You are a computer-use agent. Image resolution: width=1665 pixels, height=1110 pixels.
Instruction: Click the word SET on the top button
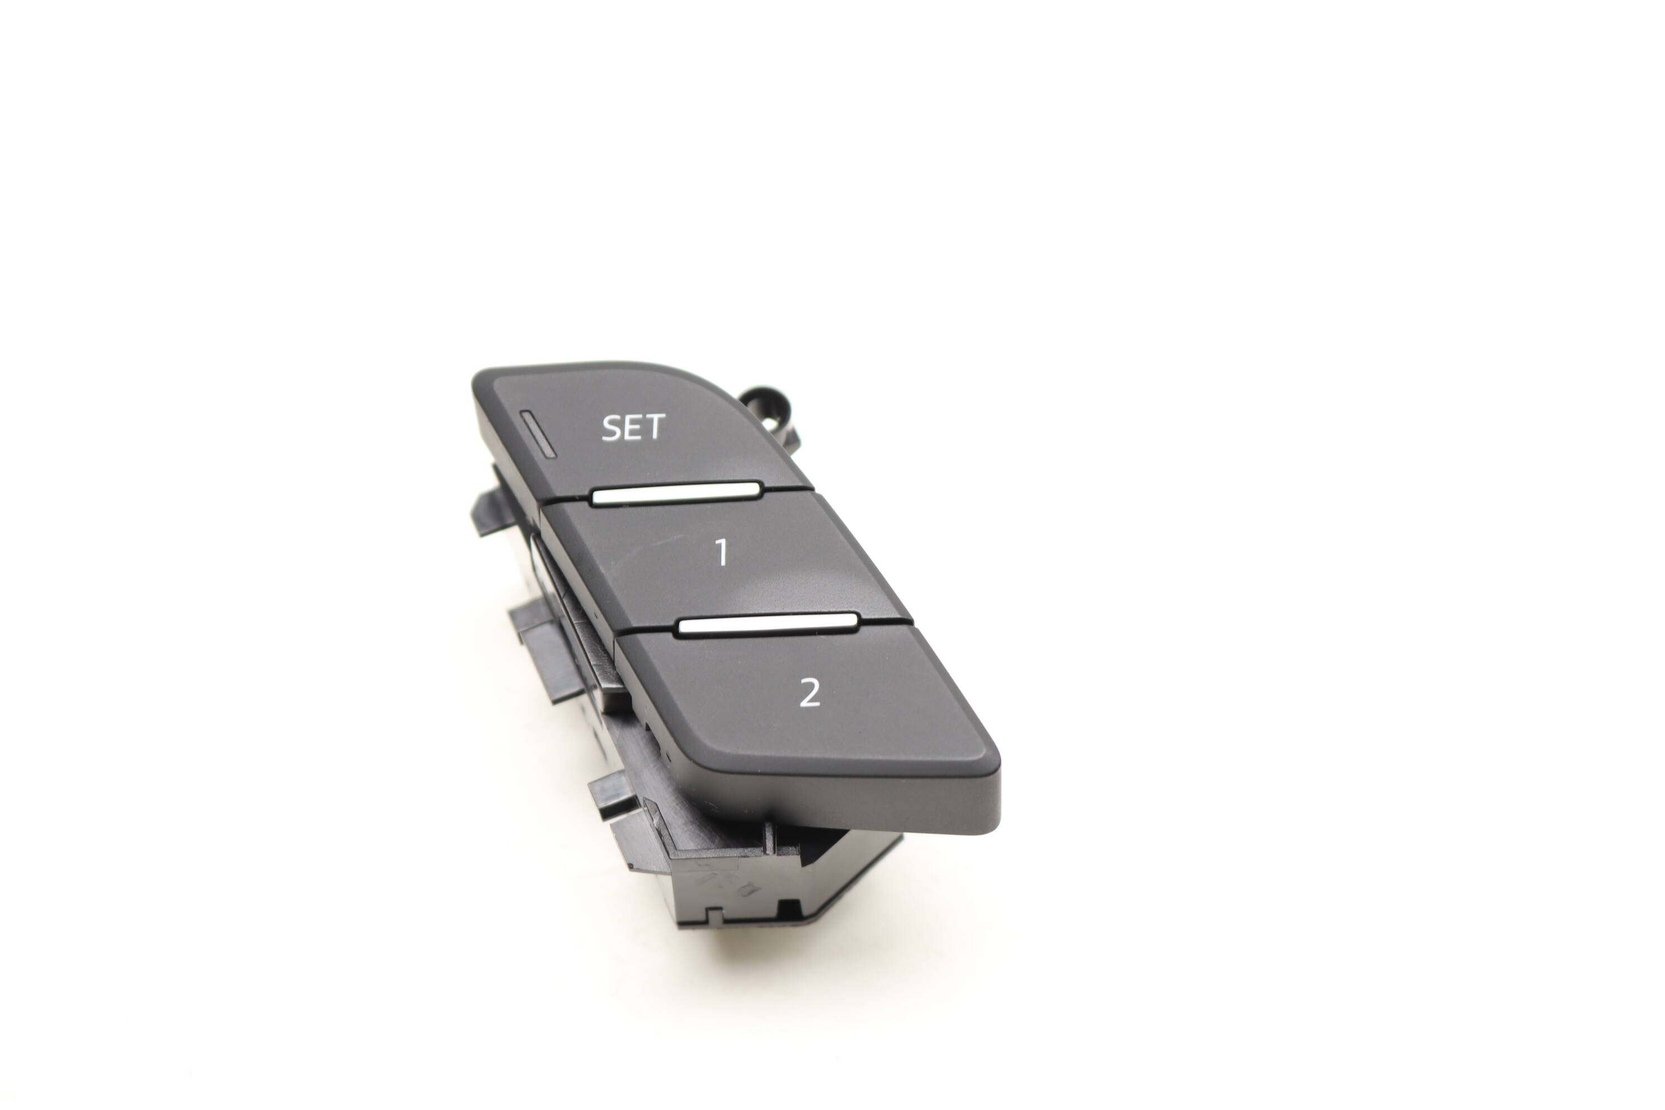coord(633,427)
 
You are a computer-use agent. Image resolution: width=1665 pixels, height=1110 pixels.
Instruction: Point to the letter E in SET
coord(633,427)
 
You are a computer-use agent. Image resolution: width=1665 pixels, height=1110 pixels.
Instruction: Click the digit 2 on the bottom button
coord(809,692)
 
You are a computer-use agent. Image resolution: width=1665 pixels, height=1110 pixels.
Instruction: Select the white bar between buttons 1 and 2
coord(768,625)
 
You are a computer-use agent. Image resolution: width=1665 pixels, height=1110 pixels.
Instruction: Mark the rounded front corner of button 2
coord(990,758)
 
